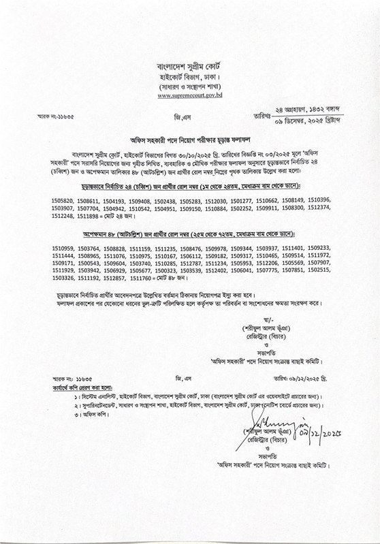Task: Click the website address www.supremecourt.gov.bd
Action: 190,96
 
